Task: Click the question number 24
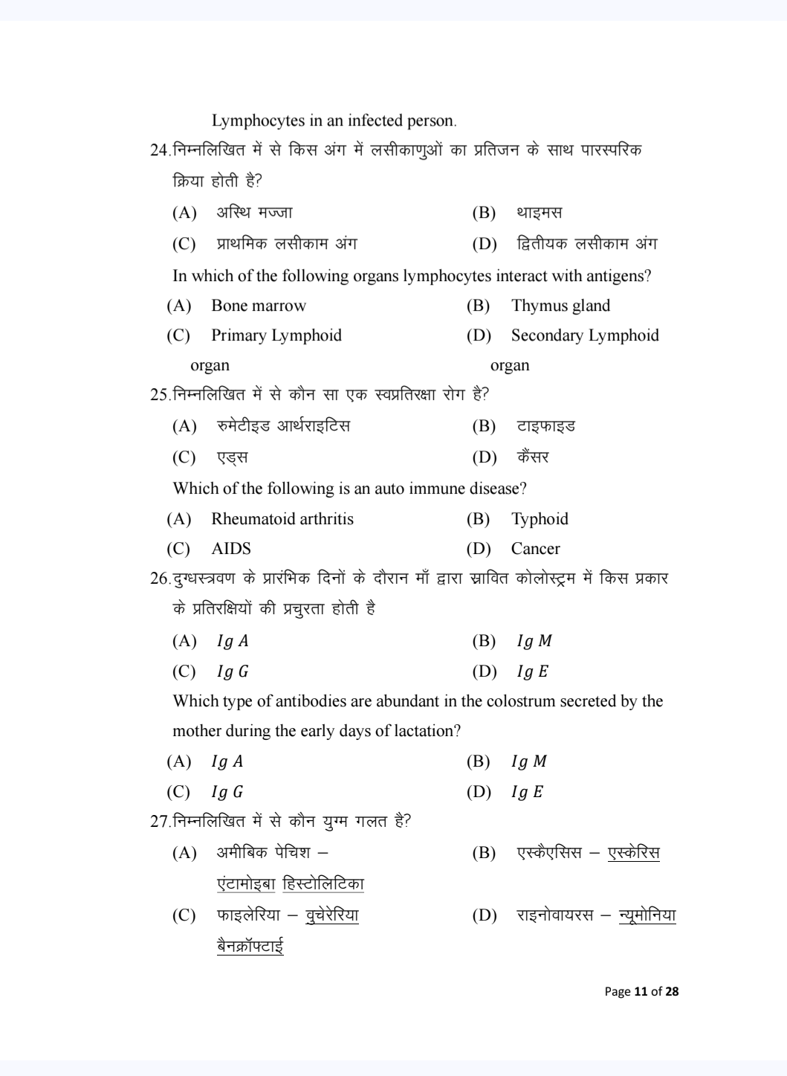point(159,150)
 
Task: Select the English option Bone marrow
point(258,306)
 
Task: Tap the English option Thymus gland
point(560,306)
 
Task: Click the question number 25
point(159,395)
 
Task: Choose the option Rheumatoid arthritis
point(282,519)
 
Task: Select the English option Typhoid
point(540,519)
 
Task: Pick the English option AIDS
point(231,549)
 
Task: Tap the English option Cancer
point(535,549)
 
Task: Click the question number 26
point(159,579)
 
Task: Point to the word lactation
point(424,731)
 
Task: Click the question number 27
point(159,822)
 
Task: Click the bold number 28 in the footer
point(672,991)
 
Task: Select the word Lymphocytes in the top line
point(258,120)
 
